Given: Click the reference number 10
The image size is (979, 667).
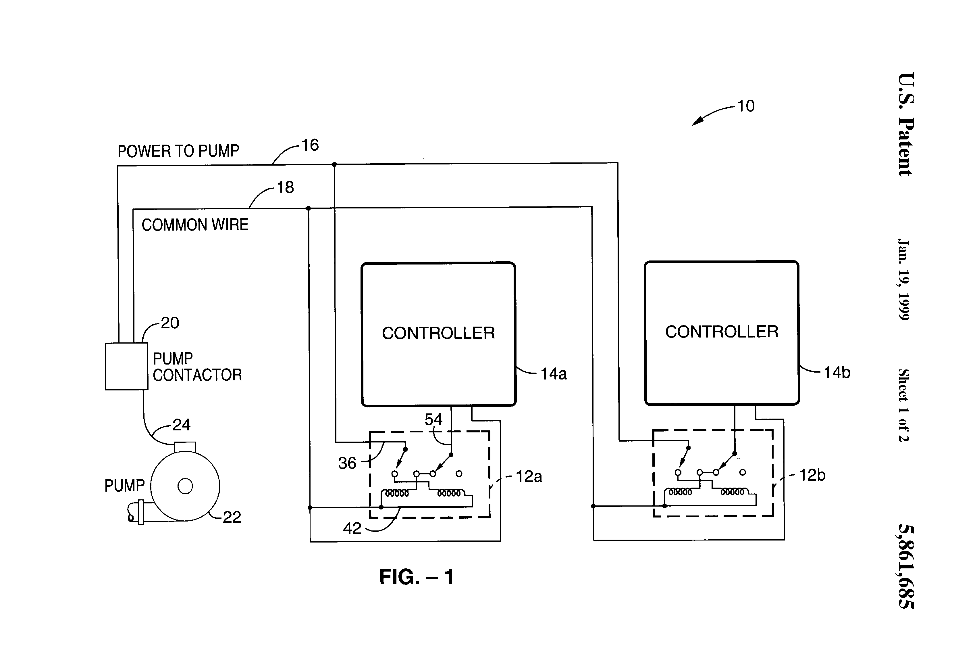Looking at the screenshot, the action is tap(746, 106).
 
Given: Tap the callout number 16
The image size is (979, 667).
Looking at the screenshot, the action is tap(310, 145).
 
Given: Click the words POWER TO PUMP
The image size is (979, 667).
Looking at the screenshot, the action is tap(178, 151).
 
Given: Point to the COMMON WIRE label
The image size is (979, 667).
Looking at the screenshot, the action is tap(195, 225).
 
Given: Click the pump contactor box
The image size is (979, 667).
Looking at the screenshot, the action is tap(126, 366).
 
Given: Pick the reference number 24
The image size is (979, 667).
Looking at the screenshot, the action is tap(182, 425).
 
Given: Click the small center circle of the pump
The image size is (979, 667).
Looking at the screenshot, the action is tap(185, 486).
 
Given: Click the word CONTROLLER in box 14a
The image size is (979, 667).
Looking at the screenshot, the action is tap(438, 333).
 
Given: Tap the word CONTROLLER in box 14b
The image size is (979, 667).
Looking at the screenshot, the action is tap(722, 332).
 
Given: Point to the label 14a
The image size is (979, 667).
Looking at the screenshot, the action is tap(554, 374).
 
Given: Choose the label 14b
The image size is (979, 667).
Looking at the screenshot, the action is tap(837, 373).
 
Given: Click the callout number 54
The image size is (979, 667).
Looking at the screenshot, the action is tap(433, 419).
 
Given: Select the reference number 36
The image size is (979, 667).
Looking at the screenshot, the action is tap(347, 463).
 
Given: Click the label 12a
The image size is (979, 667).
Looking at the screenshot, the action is tap(529, 477).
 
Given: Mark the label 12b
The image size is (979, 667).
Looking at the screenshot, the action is tap(812, 476).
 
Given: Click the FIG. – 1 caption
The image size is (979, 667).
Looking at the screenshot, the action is tap(416, 577).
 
